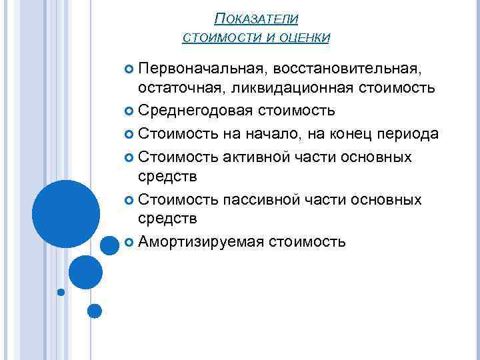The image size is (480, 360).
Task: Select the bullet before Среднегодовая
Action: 129,110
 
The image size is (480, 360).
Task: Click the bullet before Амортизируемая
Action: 129,241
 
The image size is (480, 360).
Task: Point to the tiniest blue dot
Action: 61,292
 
